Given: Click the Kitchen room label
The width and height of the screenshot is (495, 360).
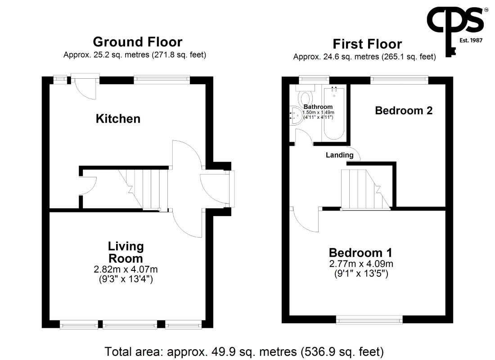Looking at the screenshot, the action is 118,119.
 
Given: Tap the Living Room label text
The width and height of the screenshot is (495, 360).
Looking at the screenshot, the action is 126,252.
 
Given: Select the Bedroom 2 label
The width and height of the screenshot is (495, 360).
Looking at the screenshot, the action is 404,111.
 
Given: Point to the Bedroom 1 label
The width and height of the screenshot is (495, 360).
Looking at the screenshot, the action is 360,252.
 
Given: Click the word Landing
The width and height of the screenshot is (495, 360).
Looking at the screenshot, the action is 340,155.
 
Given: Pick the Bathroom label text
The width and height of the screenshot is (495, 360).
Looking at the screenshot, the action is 318,107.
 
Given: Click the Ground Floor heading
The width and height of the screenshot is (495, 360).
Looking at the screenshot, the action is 138,42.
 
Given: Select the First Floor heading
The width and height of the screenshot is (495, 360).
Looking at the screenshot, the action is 367,44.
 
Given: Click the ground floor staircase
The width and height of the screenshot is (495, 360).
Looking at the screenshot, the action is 143,189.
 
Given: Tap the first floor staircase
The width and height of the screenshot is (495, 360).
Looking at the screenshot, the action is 365,189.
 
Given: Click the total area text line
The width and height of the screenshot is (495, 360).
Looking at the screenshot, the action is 244,351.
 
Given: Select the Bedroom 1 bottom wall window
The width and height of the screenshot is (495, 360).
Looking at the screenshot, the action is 369,319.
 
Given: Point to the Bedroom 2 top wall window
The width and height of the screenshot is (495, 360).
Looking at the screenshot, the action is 399,80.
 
